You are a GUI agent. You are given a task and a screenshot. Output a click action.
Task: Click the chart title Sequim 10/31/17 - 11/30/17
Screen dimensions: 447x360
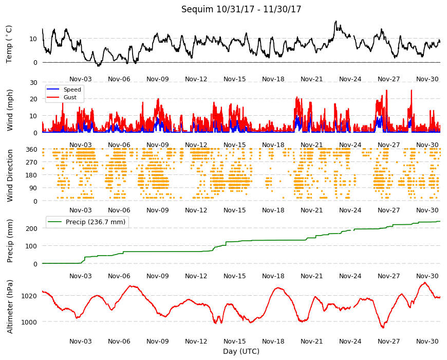(241, 9)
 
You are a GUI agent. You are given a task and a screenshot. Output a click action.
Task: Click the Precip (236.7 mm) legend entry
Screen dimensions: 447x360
(87, 222)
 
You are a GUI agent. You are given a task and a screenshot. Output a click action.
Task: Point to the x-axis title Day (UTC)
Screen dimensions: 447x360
(241, 351)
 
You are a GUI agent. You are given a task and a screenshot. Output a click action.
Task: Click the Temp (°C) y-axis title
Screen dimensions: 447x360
(9, 44)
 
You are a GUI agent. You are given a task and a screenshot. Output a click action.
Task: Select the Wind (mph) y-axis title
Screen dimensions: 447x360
(10, 110)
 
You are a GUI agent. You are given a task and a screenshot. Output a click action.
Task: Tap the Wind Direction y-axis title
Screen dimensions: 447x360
(10, 176)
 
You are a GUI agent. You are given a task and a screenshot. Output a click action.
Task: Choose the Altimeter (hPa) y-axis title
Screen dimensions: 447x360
(10, 307)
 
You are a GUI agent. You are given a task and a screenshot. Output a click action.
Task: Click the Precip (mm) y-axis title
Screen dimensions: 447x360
(10, 241)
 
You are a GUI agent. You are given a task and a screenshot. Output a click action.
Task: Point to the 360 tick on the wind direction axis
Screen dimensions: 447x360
(32, 150)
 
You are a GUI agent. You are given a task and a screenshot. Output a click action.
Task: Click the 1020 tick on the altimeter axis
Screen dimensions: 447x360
(29, 296)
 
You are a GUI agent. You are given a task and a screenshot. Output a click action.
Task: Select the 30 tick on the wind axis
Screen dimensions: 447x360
(33, 82)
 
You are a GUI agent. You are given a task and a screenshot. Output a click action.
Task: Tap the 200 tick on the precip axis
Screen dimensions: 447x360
(32, 228)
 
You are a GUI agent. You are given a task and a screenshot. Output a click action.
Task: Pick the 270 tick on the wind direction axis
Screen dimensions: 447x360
(32, 163)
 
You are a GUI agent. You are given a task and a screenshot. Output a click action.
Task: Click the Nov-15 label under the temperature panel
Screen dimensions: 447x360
(235, 79)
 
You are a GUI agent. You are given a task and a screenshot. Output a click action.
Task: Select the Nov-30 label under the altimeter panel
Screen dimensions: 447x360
(427, 341)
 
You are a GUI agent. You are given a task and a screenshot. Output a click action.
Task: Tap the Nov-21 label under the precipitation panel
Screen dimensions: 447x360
(311, 276)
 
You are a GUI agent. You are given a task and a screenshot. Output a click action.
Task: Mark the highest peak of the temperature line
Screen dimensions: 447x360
(336, 21)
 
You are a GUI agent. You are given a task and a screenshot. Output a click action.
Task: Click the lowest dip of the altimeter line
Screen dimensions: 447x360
(383, 328)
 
